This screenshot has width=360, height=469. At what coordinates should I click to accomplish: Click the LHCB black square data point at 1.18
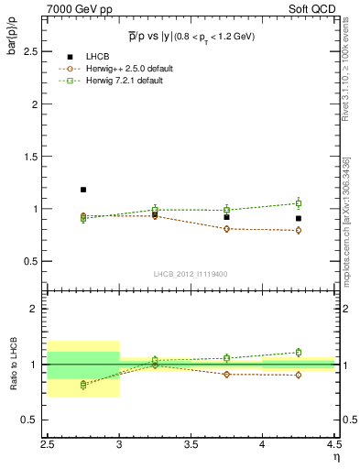pos(83,190)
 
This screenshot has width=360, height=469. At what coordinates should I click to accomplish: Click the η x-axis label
pos(335,455)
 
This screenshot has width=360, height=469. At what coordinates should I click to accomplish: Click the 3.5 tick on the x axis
pos(191,444)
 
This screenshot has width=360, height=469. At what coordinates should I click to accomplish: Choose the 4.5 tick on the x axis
pos(333,444)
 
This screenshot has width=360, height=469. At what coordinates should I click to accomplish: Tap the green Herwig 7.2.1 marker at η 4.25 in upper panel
pos(298,203)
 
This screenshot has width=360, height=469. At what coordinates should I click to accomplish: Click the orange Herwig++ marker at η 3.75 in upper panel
pos(226,228)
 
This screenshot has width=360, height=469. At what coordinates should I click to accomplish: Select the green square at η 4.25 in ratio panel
pos(298,352)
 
